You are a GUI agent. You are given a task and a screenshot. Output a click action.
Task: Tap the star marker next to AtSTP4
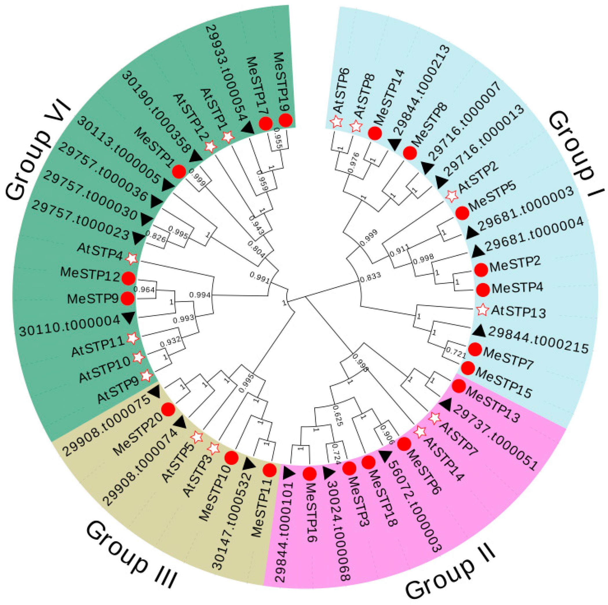132,258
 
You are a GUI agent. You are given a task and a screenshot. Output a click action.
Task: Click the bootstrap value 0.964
145,289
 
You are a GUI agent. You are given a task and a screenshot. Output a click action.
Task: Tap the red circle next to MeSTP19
285,120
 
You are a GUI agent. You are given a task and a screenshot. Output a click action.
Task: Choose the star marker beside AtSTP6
336,122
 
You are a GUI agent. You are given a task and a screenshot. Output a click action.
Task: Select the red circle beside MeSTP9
127,298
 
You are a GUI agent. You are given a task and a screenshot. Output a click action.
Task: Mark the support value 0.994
200,295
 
